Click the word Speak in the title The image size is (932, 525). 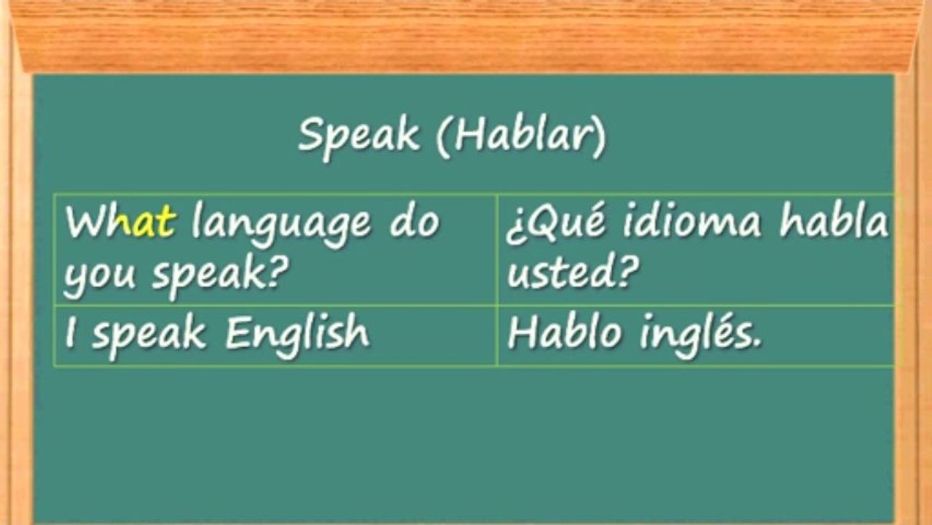tap(359, 136)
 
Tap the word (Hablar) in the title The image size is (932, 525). tap(521, 136)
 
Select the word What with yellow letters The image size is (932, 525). tap(120, 222)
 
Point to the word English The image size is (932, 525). tap(297, 333)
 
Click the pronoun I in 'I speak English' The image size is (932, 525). tap(70, 333)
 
